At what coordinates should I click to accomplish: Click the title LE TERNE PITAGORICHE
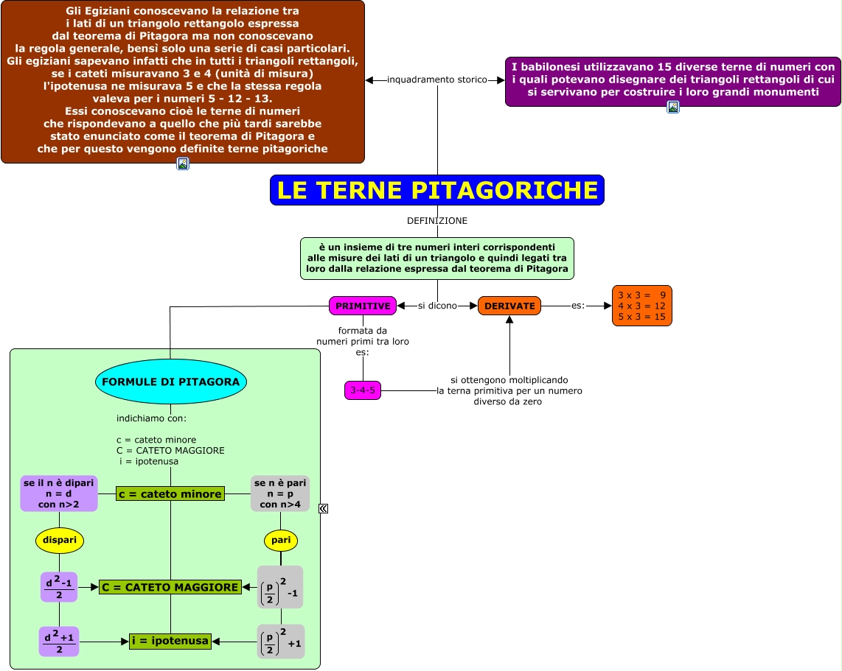[x=437, y=190]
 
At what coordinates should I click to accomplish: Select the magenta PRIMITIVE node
[x=363, y=306]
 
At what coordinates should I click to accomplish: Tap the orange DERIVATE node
[x=509, y=306]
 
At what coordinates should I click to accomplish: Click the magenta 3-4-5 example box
[x=363, y=390]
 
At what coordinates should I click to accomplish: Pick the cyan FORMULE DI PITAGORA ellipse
[x=170, y=382]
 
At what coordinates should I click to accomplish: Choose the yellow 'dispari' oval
[x=60, y=541]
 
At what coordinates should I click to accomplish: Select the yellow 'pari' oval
[x=281, y=541]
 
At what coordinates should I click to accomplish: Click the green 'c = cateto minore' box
[x=170, y=494]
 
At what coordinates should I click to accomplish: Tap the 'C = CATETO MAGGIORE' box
[x=170, y=587]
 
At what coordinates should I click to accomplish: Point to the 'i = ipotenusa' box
[x=170, y=641]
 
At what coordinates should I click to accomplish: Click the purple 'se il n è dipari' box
[x=59, y=493]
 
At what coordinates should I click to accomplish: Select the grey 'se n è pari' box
[x=280, y=493]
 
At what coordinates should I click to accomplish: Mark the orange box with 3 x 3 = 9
[x=641, y=306]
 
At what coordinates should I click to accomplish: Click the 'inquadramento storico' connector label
[x=437, y=80]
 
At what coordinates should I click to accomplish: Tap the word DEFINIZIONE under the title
[x=437, y=221]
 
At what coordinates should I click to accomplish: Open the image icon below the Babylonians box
[x=673, y=108]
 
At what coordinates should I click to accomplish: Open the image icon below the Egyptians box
[x=183, y=164]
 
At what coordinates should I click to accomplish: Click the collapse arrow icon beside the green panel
[x=324, y=508]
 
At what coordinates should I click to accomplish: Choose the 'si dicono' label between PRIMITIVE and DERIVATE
[x=437, y=306]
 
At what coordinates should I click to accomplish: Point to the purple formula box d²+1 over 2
[x=59, y=642]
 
